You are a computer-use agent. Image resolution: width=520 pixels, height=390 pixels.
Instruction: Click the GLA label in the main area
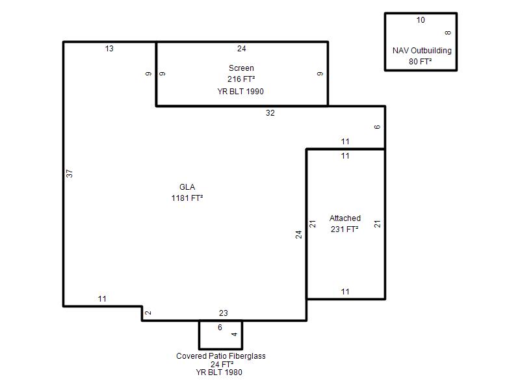pyautogui.click(x=187, y=187)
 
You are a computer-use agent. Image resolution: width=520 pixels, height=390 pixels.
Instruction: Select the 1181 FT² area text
pyautogui.click(x=187, y=198)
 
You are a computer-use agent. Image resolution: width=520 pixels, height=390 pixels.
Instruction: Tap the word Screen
pyautogui.click(x=241, y=68)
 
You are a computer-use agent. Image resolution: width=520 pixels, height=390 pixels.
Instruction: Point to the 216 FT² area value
pyautogui.click(x=241, y=79)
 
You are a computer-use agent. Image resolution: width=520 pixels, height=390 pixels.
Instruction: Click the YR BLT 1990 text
pyautogui.click(x=240, y=91)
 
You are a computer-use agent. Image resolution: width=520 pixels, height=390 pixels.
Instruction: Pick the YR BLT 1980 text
pyautogui.click(x=219, y=372)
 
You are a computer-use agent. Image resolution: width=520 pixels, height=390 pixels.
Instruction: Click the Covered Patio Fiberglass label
pyautogui.click(x=221, y=356)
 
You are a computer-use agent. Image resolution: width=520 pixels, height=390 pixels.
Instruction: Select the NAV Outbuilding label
pyautogui.click(x=422, y=51)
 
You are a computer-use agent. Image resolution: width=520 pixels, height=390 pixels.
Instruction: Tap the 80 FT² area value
pyautogui.click(x=420, y=61)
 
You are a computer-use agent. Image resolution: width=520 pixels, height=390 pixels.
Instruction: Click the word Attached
pyautogui.click(x=345, y=218)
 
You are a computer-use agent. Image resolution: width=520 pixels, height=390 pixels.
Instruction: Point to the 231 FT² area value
pyautogui.click(x=344, y=229)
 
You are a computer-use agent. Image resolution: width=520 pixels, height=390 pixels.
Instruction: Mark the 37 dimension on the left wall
pyautogui.click(x=70, y=174)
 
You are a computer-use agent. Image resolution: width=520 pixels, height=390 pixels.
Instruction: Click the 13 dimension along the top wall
pyautogui.click(x=109, y=48)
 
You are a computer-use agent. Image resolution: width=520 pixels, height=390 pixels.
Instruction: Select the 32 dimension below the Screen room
pyautogui.click(x=270, y=112)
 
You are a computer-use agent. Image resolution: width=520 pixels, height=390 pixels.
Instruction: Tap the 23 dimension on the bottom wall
pyautogui.click(x=223, y=313)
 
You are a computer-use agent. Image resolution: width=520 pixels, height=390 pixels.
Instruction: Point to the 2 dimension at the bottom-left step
pyautogui.click(x=148, y=313)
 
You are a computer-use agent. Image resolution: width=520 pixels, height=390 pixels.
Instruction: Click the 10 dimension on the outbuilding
pyautogui.click(x=421, y=20)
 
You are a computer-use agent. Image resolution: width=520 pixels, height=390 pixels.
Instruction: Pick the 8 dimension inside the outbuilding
pyautogui.click(x=448, y=33)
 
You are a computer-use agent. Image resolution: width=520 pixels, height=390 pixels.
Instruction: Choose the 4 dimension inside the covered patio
pyautogui.click(x=235, y=334)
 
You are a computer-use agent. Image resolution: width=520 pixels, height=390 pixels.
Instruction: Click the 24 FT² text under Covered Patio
pyautogui.click(x=222, y=364)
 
